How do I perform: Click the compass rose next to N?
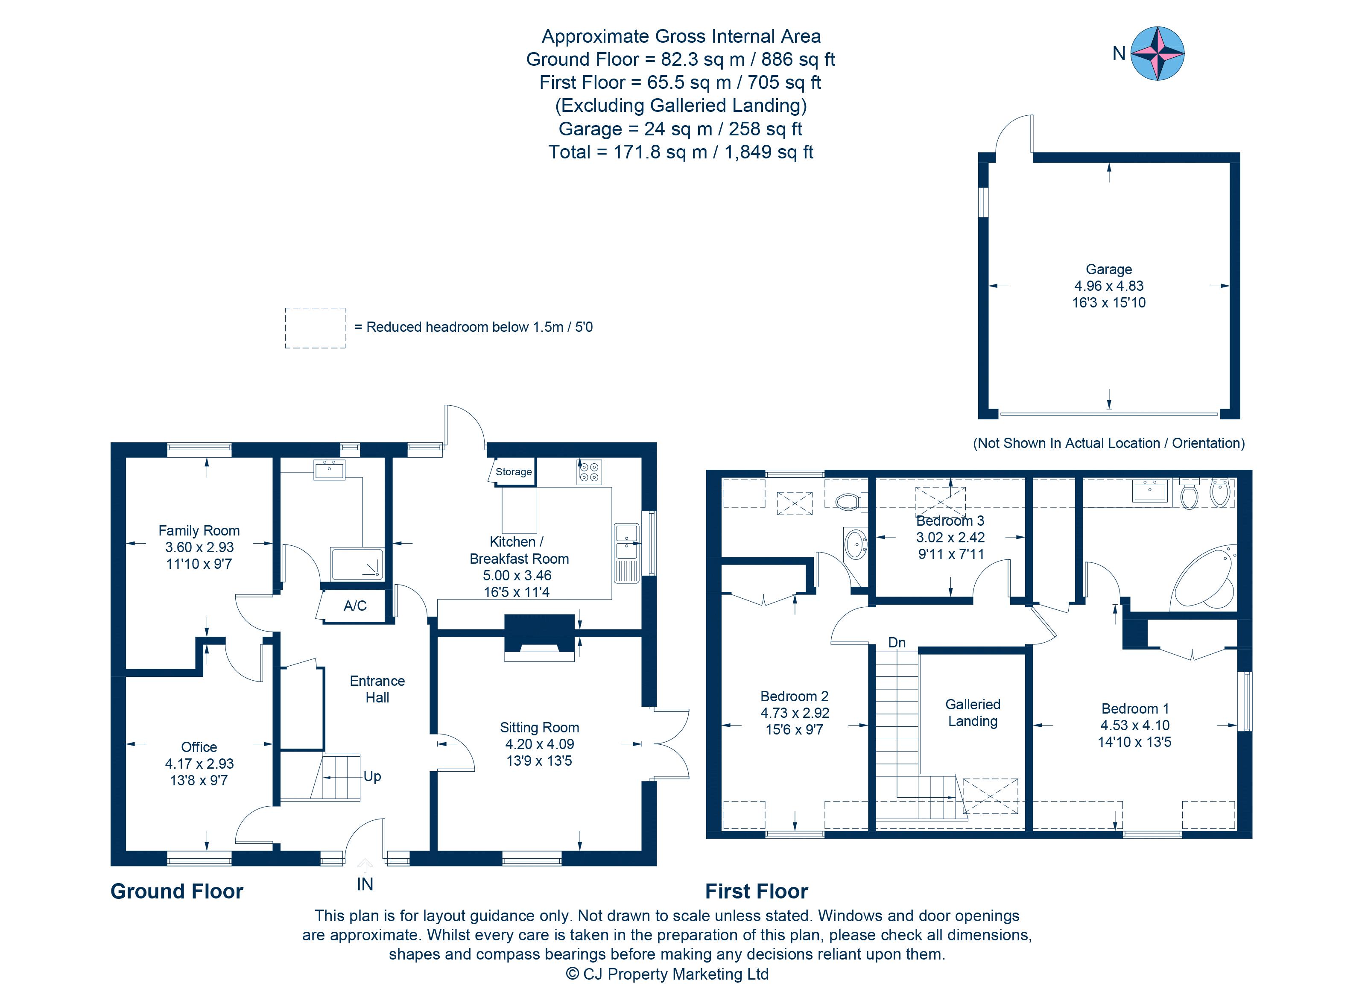coord(1157,53)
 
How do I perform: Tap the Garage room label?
coord(1108,269)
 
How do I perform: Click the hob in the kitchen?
coord(588,472)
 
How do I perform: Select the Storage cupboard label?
coord(514,472)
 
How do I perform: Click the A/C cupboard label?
coord(355,606)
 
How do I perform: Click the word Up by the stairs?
coord(372,776)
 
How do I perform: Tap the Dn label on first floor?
coord(897,643)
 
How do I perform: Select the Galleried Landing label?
coord(972,713)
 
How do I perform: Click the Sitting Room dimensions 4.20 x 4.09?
coord(539,744)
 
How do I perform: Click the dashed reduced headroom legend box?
coord(315,328)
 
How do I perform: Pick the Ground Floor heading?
coord(177,891)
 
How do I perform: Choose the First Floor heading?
coord(756,891)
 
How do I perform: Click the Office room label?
coord(199,747)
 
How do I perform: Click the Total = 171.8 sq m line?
coord(681,152)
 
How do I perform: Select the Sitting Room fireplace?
coord(539,637)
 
